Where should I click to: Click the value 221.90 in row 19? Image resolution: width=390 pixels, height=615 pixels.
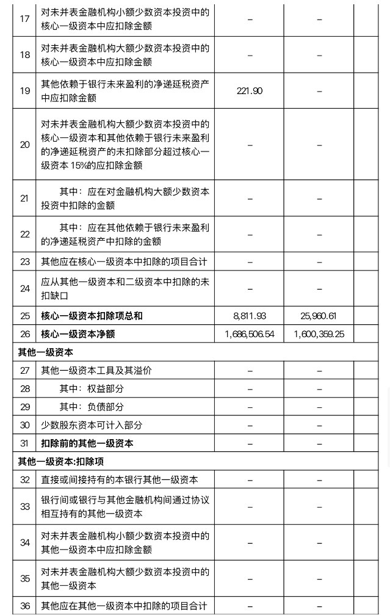pos(249,91)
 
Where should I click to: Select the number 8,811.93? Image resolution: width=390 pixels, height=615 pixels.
pos(249,316)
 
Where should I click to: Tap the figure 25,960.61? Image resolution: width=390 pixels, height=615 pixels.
pos(319,316)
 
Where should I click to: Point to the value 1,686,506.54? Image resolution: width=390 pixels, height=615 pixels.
pos(249,334)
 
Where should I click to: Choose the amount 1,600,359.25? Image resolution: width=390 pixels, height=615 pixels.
pos(319,334)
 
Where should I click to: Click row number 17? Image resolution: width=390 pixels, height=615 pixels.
pos(24,19)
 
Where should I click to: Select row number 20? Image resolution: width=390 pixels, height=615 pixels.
pos(24,145)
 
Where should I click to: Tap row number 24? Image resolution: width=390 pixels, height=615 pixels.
pos(24,288)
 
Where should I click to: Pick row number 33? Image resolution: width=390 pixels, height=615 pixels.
pos(24,507)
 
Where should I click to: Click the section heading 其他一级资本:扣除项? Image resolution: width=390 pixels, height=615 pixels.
pos(60,462)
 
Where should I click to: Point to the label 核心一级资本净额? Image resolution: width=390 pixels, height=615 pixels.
pos(78,334)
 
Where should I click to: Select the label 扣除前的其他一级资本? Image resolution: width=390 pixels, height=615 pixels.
pos(87,443)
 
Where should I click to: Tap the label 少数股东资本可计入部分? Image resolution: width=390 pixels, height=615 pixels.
pos(92,425)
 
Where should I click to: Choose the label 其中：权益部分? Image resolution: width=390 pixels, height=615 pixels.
pos(92,389)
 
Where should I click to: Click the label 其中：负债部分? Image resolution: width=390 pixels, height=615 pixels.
pos(92,407)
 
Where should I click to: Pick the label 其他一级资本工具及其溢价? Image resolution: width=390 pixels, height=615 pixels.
pos(96,371)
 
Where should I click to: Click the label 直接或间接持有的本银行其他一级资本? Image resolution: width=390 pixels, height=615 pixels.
pos(119,480)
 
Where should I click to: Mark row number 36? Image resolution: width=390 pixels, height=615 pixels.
pos(24,606)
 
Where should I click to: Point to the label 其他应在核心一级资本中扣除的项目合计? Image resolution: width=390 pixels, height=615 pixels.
pos(124,262)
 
